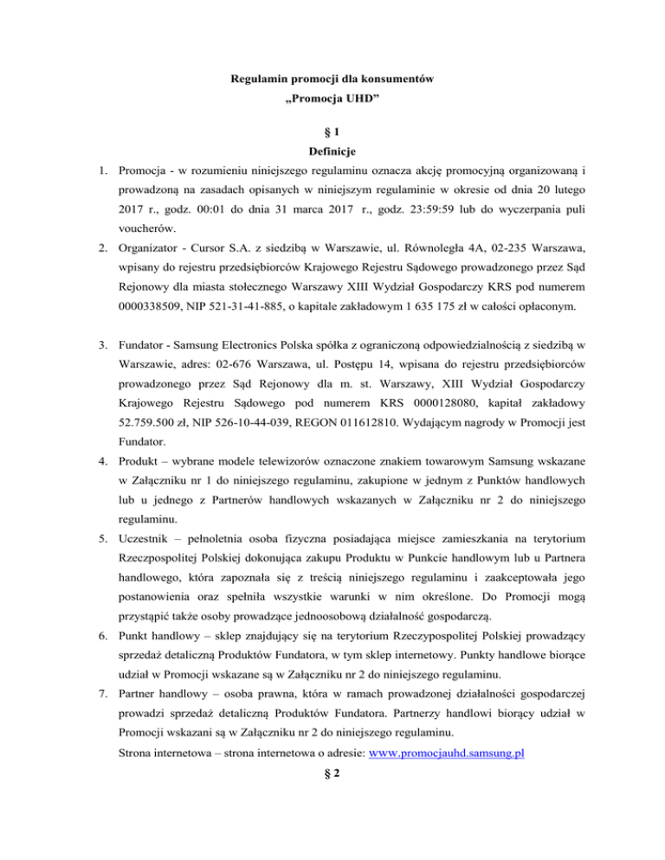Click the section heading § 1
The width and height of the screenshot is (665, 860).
coord(332,138)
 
